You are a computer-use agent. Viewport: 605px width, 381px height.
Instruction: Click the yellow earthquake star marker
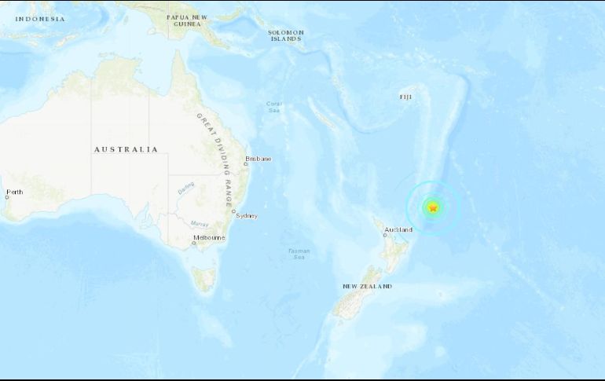click(433, 207)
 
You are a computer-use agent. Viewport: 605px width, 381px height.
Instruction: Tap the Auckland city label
click(398, 230)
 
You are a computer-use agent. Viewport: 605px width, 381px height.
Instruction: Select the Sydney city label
click(246, 216)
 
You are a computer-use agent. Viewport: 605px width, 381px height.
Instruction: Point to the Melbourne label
click(210, 237)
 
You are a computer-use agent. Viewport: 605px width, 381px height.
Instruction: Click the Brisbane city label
click(258, 159)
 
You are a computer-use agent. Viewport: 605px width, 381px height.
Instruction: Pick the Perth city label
click(14, 192)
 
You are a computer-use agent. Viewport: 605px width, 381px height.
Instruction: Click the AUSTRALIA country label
click(126, 149)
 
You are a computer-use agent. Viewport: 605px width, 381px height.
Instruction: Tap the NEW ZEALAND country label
click(367, 287)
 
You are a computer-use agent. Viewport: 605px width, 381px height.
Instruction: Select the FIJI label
click(405, 97)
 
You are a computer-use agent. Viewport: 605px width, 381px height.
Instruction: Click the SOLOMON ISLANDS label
click(286, 35)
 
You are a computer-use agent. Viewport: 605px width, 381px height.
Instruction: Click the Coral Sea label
click(273, 106)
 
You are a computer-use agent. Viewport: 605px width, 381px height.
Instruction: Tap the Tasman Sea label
click(299, 254)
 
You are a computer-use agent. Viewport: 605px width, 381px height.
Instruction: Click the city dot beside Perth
click(5, 197)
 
